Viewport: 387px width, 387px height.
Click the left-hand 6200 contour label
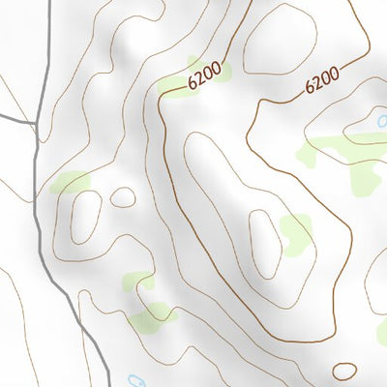click(205, 75)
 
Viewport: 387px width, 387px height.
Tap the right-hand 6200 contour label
click(321, 79)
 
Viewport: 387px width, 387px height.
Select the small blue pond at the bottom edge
click(135, 381)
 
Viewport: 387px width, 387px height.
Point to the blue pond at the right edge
click(382, 122)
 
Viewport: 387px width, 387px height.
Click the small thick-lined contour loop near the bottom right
click(344, 371)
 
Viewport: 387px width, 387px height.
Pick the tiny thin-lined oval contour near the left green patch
click(123, 197)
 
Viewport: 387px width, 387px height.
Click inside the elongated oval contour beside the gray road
click(86, 216)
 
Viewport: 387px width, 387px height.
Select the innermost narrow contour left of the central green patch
click(264, 242)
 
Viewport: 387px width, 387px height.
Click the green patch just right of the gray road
click(70, 182)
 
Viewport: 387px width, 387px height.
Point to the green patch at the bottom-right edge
click(381, 332)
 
